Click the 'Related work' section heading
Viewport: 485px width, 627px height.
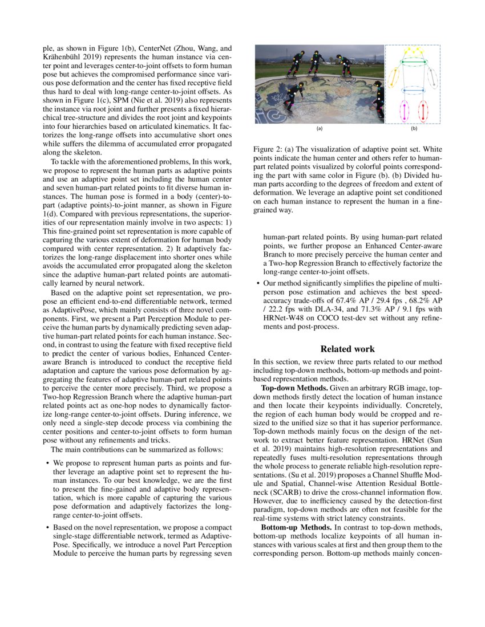coord(347,349)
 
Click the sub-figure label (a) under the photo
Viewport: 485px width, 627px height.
coord(320,128)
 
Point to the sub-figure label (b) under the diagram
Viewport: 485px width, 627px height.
coord(414,128)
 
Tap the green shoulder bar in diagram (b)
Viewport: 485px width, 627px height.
coord(414,62)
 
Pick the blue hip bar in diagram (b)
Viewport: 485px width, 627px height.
coord(414,90)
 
